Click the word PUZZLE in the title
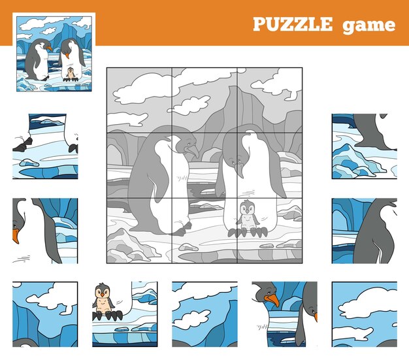pyautogui.click(x=292, y=25)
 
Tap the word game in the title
pyautogui.click(x=372, y=25)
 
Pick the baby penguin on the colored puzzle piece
pyautogui.click(x=103, y=299)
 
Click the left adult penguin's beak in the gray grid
pyautogui.click(x=192, y=152)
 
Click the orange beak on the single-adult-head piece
pyautogui.click(x=16, y=234)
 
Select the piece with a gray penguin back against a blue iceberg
pyautogui.click(x=363, y=231)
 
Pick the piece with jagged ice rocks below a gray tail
pyautogui.click(x=363, y=146)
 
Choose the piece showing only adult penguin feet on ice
pyautogui.click(x=44, y=146)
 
